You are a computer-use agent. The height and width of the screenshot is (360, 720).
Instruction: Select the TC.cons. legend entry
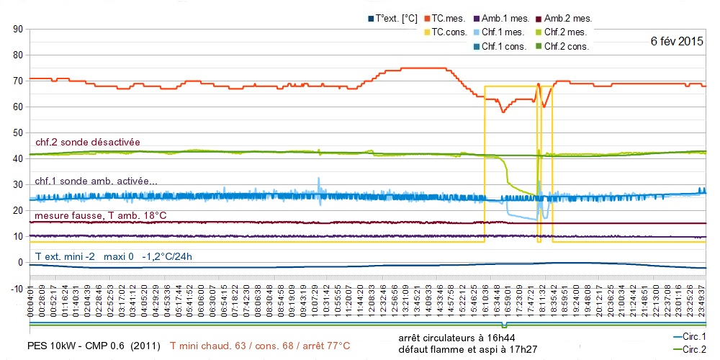[x=449, y=32]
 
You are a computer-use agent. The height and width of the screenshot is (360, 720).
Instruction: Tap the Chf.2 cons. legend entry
[x=567, y=46]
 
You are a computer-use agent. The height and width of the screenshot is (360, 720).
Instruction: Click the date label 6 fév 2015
[x=676, y=41]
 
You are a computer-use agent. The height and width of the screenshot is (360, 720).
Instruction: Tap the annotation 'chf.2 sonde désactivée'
[x=88, y=142]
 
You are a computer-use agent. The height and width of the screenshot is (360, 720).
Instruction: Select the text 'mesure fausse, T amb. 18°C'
[x=100, y=215]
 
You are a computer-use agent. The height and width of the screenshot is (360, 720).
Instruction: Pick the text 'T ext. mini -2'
[x=66, y=256]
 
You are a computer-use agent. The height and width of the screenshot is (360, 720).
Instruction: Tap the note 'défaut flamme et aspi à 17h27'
[x=466, y=350]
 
